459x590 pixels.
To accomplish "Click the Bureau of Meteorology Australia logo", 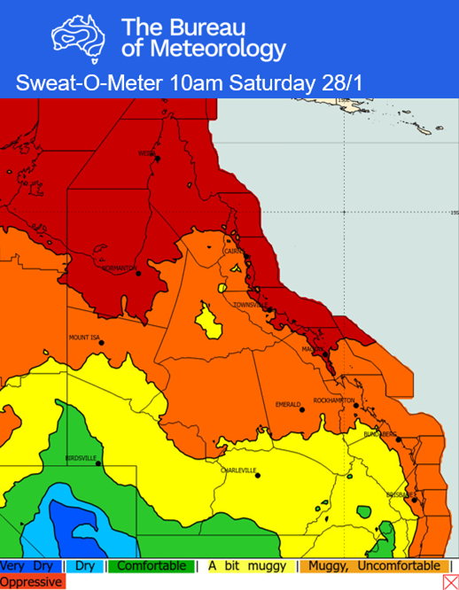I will tap(77, 36).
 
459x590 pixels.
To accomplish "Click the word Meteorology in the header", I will tap(203, 49).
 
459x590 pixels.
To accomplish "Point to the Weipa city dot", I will tap(158, 158).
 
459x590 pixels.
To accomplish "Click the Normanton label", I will tap(118, 268).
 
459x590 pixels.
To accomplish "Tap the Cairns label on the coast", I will tap(235, 251).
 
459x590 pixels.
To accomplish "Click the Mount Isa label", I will tap(85, 337).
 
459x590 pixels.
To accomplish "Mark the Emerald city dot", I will tap(302, 409).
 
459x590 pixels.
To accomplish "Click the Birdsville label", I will tap(81, 458).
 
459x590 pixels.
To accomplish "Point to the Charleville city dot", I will tap(258, 476).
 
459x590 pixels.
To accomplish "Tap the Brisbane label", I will tap(401, 494).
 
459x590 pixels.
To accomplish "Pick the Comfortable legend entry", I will tap(152, 566).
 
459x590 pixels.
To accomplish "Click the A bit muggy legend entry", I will tap(247, 566).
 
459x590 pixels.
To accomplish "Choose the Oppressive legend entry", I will tap(32, 582).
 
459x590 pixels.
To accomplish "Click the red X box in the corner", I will tap(449, 582).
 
